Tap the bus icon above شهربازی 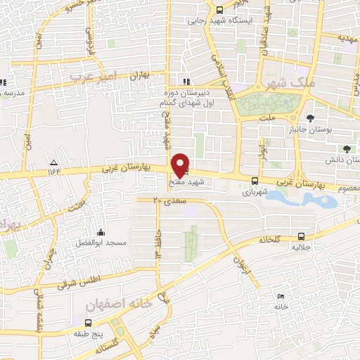point(254,180)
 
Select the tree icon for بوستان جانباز point(310,117)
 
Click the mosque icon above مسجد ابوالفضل point(103,233)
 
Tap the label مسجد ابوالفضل point(102,243)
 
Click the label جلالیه point(301,247)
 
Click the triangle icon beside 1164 point(55,162)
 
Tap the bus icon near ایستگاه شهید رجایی point(219,10)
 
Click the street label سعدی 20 point(167,201)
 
